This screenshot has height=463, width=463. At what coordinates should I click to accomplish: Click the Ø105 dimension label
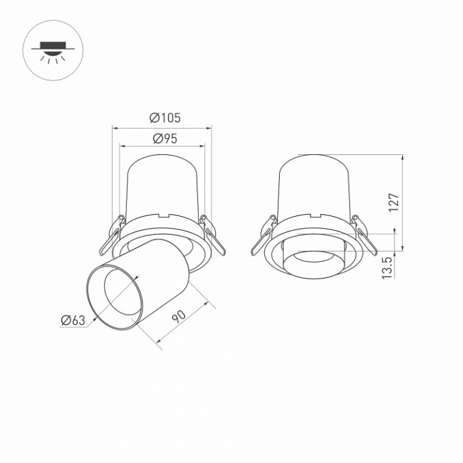pyautogui.click(x=165, y=118)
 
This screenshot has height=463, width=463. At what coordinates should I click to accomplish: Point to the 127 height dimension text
pyautogui.click(x=394, y=203)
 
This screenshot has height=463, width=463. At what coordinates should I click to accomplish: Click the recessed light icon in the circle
pyautogui.click(x=51, y=51)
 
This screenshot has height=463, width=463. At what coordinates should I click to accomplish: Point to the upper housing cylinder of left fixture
pyautogui.click(x=162, y=185)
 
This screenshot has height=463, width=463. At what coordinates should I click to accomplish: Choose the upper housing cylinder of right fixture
pyautogui.click(x=314, y=185)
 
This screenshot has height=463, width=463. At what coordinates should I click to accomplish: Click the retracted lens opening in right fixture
pyautogui.click(x=314, y=260)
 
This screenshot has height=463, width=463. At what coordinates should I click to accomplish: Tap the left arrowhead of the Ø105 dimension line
pyautogui.click(x=115, y=126)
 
